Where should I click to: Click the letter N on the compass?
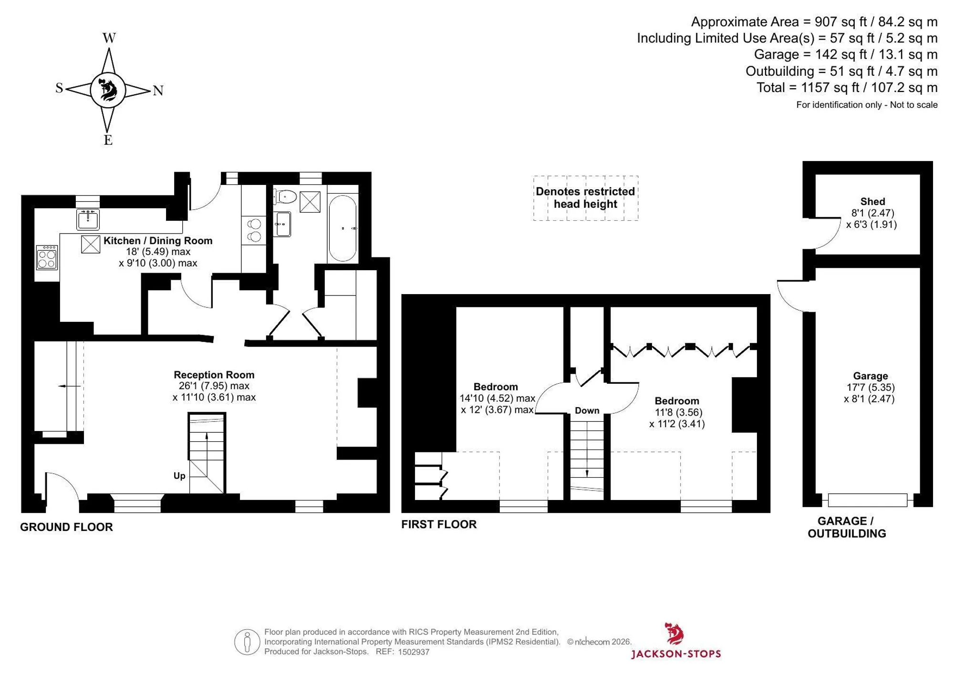[x=158, y=91]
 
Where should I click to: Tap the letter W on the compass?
[x=109, y=38]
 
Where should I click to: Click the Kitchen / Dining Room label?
[x=158, y=241]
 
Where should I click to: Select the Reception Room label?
[x=214, y=375]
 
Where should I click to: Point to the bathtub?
[x=342, y=228]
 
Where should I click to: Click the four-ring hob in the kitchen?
[x=47, y=257]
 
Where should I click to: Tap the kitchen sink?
[x=88, y=219]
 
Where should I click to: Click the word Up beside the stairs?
[x=179, y=476]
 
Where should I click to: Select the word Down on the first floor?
[x=587, y=410]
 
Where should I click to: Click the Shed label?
[x=872, y=202]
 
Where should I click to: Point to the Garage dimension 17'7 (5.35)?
[x=871, y=388]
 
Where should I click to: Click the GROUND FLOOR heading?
[x=66, y=527]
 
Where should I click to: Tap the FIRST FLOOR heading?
[x=439, y=524]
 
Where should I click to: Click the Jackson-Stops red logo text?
[x=676, y=654]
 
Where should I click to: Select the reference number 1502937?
[x=414, y=652]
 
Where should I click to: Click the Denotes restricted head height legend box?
[x=585, y=198]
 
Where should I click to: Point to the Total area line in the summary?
[x=847, y=88]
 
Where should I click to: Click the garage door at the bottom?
[x=868, y=500]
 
